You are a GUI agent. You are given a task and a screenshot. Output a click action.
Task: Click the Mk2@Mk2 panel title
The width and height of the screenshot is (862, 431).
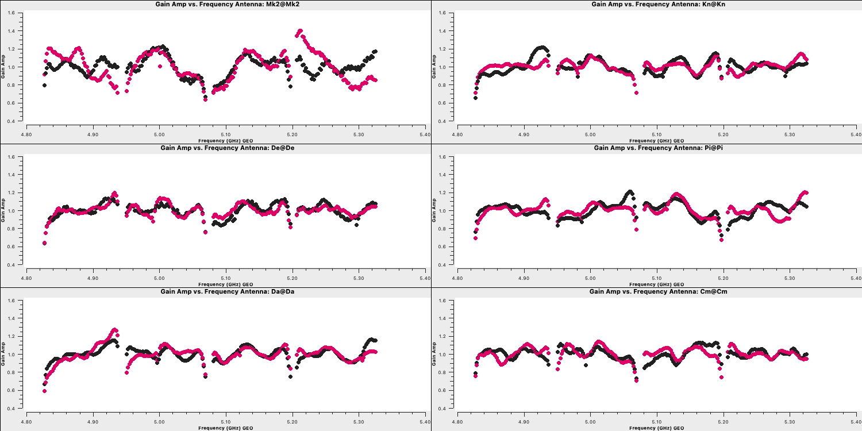(x=228, y=4)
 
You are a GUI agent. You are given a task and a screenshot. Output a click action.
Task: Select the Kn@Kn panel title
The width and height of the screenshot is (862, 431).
(x=659, y=4)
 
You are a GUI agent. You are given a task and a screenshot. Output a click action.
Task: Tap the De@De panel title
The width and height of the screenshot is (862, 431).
(x=228, y=148)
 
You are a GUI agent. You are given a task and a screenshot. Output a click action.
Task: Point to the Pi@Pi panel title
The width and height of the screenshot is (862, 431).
(x=659, y=148)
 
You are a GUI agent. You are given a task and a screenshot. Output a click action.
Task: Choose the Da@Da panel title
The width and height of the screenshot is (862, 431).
(x=228, y=291)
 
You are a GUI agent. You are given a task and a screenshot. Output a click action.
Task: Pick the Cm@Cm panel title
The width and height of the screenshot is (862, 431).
(x=659, y=291)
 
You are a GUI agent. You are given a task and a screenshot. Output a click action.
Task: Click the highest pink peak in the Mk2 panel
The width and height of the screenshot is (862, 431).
(x=300, y=31)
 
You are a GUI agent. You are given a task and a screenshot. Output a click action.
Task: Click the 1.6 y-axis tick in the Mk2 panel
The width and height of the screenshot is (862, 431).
(x=11, y=13)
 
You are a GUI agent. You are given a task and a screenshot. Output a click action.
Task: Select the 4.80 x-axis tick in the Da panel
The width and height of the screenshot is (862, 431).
(x=26, y=422)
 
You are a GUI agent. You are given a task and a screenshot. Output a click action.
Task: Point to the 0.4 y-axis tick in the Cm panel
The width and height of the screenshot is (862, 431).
(x=442, y=408)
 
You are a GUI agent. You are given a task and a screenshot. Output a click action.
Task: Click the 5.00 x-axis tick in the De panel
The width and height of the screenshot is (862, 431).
(x=159, y=278)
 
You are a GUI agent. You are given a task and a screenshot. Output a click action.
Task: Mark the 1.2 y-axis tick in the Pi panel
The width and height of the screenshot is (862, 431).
(x=442, y=193)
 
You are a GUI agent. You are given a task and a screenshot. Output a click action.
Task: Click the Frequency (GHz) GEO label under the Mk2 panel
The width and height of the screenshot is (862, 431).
(x=225, y=141)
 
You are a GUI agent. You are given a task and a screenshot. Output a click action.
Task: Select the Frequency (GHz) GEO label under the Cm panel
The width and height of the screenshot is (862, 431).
(x=656, y=428)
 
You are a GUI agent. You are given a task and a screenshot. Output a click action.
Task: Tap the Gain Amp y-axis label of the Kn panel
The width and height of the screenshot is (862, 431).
(x=434, y=67)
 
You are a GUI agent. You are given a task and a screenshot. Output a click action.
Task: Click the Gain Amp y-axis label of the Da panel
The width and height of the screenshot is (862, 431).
(x=3, y=354)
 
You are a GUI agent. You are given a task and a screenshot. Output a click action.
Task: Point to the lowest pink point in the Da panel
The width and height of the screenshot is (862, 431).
(x=45, y=391)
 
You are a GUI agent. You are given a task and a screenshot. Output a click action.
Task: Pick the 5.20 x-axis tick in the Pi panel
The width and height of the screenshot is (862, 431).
(x=724, y=278)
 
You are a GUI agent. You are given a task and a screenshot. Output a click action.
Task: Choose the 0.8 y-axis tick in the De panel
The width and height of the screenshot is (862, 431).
(x=11, y=229)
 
